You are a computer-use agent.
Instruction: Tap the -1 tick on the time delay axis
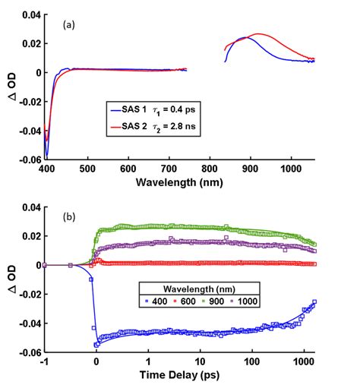point(45,361)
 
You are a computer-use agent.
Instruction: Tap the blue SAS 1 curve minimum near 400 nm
point(47,156)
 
